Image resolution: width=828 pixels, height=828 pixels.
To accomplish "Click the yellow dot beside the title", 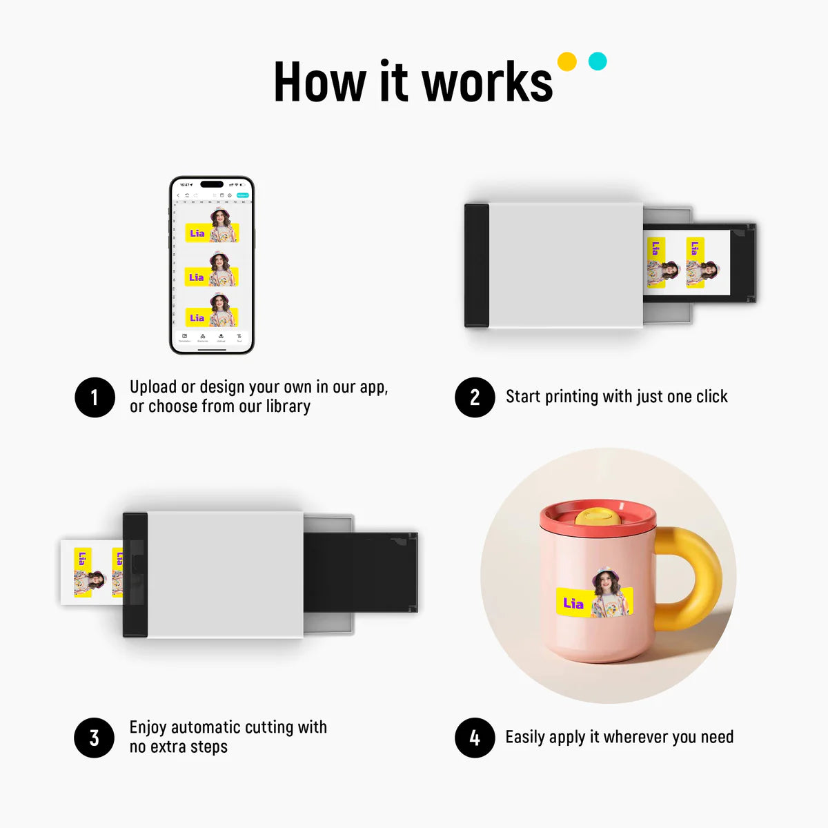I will (566, 61).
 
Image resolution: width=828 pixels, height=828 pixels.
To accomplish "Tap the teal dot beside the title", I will (598, 61).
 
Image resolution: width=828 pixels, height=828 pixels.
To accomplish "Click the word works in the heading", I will (487, 83).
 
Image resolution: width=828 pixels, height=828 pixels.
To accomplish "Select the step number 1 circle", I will (95, 397).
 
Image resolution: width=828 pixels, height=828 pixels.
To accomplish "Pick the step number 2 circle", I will (475, 397).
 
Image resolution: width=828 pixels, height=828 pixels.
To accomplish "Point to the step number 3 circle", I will (95, 738).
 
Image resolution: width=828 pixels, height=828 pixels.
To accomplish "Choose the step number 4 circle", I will (475, 738).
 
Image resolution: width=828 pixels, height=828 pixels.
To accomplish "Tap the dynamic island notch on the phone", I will (211, 184).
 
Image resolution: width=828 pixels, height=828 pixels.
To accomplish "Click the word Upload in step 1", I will (153, 387).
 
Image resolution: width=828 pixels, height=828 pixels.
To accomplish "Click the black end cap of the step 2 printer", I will (477, 265).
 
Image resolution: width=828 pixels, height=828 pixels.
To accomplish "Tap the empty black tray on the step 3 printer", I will (360, 573).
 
